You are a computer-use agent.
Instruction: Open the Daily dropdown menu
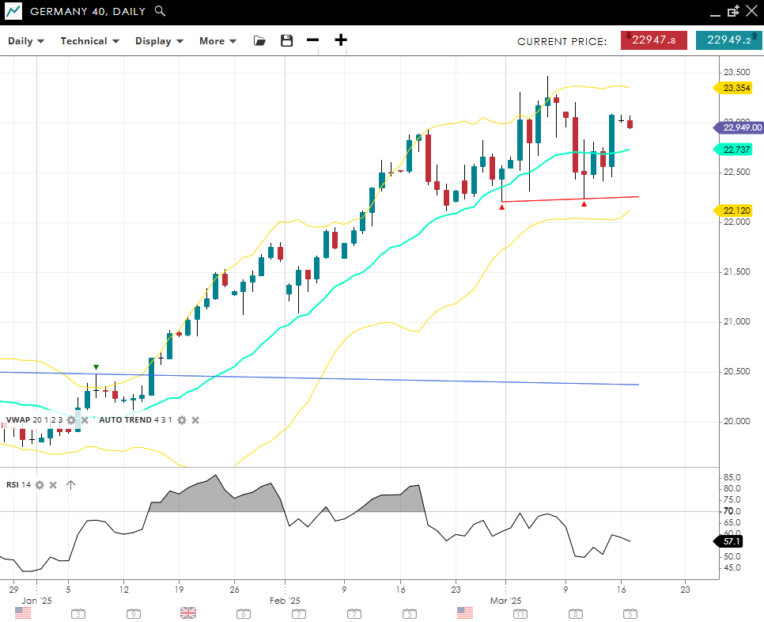pyautogui.click(x=26, y=41)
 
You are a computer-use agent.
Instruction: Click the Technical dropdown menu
pyautogui.click(x=89, y=41)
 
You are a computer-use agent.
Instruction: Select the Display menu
pyautogui.click(x=159, y=41)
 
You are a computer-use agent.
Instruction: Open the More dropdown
pyautogui.click(x=217, y=41)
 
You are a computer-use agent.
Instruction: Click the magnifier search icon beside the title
pyautogui.click(x=160, y=11)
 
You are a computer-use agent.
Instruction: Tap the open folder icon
pyautogui.click(x=259, y=41)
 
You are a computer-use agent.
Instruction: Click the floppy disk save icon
pyautogui.click(x=286, y=41)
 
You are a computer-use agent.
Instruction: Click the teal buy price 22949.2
pyautogui.click(x=728, y=40)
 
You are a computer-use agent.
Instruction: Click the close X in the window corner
pyautogui.click(x=751, y=11)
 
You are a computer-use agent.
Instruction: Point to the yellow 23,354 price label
pyautogui.click(x=736, y=88)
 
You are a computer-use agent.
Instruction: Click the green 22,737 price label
pyautogui.click(x=736, y=149)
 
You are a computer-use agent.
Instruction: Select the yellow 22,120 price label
pyautogui.click(x=736, y=210)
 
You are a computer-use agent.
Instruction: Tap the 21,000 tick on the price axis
pyautogui.click(x=737, y=321)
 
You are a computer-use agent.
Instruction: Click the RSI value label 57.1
pyautogui.click(x=732, y=541)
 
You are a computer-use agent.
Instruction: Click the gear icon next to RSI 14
pyautogui.click(x=39, y=485)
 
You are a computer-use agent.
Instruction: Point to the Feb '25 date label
pyautogui.click(x=285, y=601)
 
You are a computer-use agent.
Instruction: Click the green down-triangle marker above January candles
pyautogui.click(x=96, y=367)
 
